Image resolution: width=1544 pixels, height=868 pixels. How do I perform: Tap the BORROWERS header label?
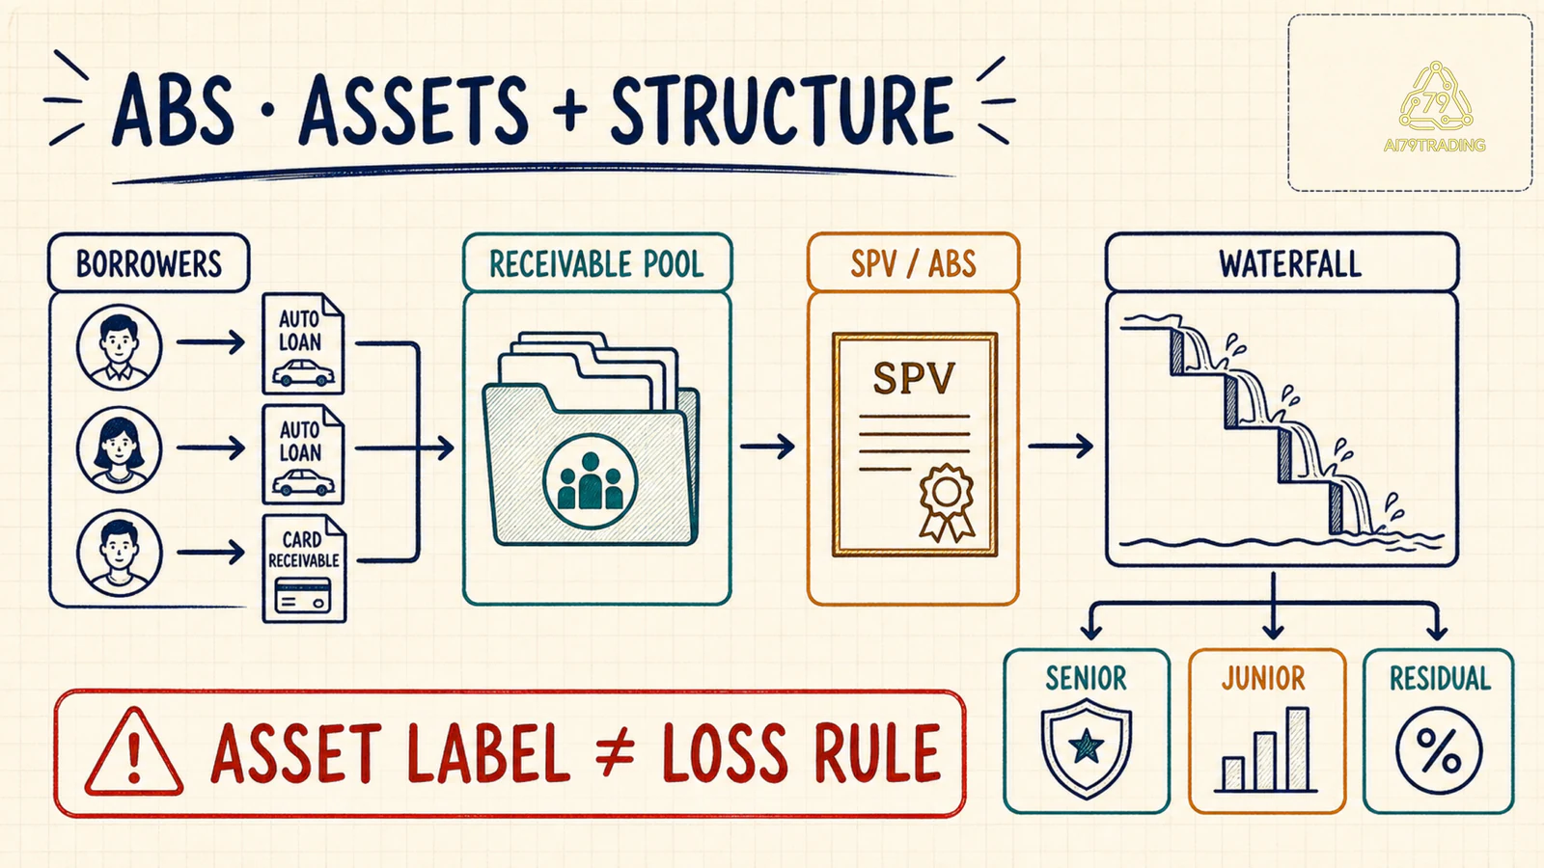coord(149,263)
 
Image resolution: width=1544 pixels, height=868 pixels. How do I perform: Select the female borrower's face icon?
coord(119,449)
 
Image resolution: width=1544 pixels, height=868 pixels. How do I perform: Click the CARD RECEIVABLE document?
coord(304,569)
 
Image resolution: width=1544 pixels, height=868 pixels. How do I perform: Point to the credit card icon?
coord(303,596)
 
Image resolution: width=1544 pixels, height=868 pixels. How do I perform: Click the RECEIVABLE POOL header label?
coord(597,263)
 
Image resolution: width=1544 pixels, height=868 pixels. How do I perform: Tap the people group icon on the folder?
coord(590,481)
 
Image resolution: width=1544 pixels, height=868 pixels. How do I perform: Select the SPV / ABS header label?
coord(913,263)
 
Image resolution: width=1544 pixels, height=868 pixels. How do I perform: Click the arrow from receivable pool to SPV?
coord(767,447)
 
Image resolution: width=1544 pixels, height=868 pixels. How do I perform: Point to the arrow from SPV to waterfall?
coord(1061,446)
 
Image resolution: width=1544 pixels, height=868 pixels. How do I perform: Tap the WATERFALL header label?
coord(1290,263)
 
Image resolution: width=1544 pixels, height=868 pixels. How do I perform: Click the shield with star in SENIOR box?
coord(1087,747)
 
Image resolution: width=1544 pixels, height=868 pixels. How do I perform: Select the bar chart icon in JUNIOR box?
coord(1265,750)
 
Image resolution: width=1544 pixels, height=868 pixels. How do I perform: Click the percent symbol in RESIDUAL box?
coord(1439,751)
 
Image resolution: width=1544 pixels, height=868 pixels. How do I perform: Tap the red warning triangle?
coord(134,752)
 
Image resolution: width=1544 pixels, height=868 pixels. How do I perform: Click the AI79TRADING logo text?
coord(1434,146)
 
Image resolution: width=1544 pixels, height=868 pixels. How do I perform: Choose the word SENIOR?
coord(1087,679)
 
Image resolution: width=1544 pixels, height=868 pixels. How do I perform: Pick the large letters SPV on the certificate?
coord(914,378)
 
